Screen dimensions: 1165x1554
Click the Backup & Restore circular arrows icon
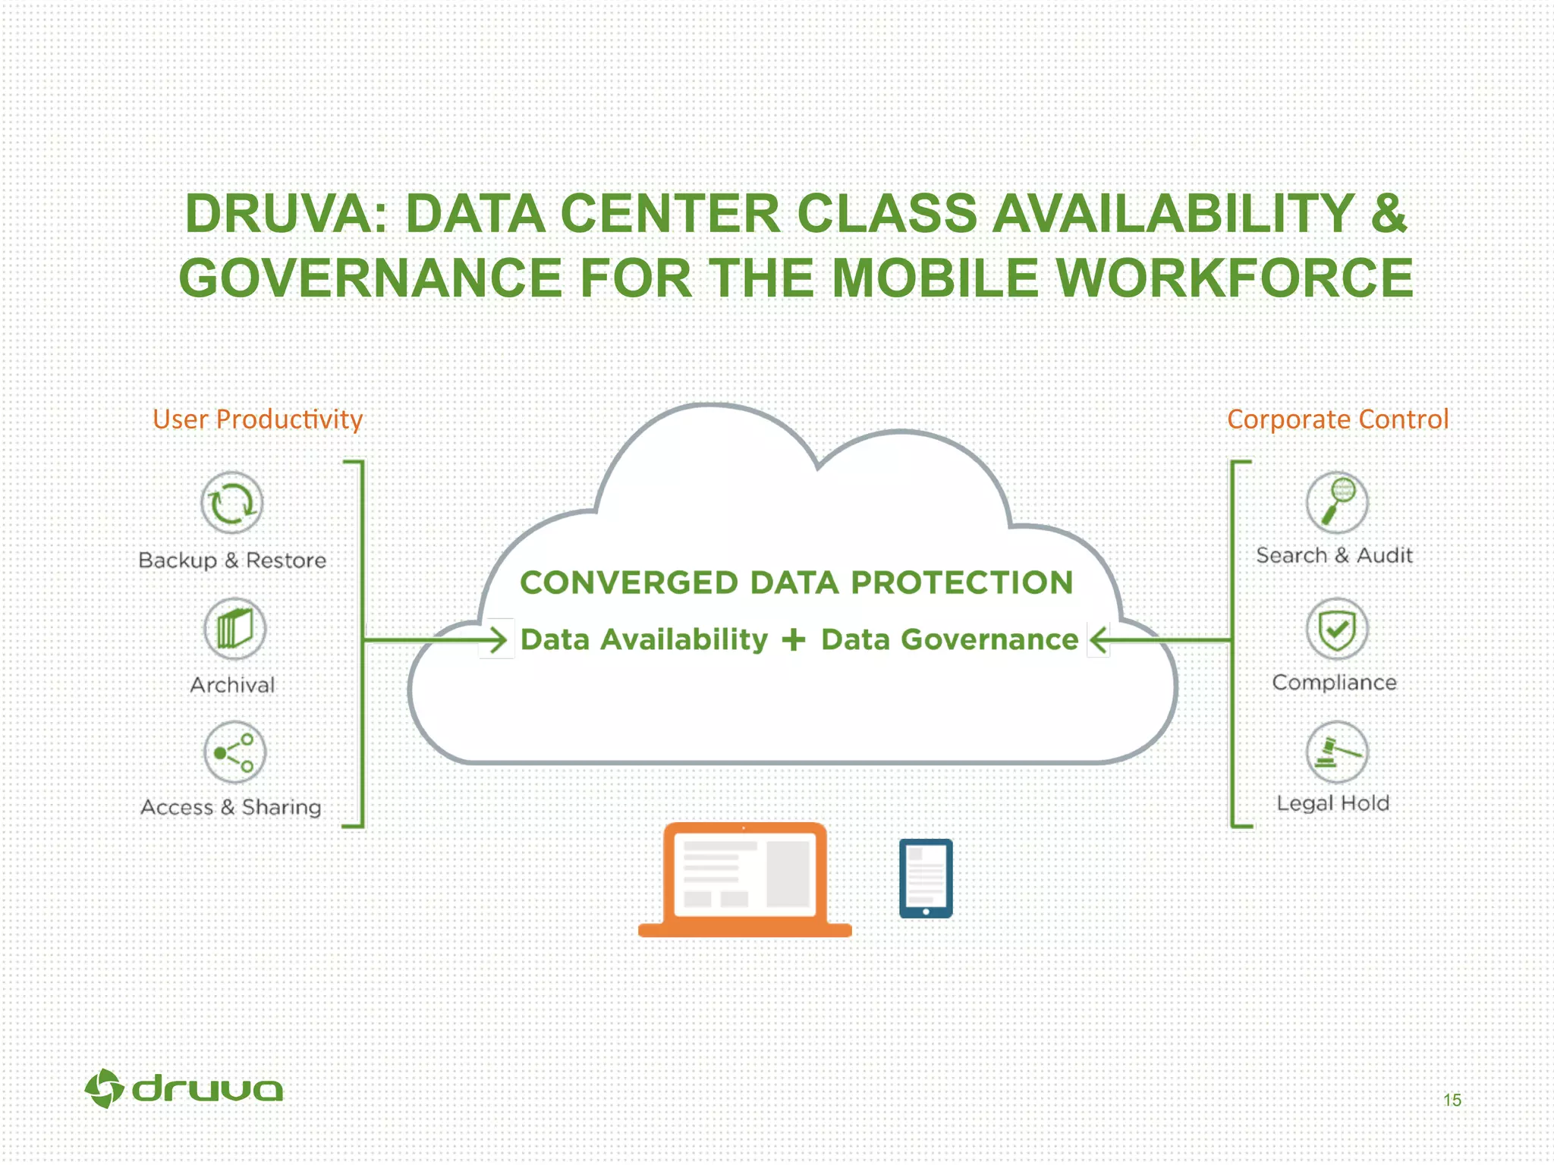pyautogui.click(x=232, y=503)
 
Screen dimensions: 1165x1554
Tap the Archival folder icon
pyautogui.click(x=234, y=629)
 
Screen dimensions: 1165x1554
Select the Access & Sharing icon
pyautogui.click(x=234, y=752)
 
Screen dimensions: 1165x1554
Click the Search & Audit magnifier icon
pyautogui.click(x=1337, y=502)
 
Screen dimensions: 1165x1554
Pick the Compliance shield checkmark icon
pyautogui.click(x=1337, y=629)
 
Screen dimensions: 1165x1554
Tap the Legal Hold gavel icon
pyautogui.click(x=1337, y=752)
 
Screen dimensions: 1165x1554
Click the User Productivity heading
pyautogui.click(x=258, y=419)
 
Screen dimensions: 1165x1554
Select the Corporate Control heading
pyautogui.click(x=1338, y=419)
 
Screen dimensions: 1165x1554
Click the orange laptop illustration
pyautogui.click(x=744, y=880)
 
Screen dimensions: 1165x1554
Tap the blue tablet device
pyautogui.click(x=926, y=878)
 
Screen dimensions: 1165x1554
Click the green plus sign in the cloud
pyautogui.click(x=794, y=639)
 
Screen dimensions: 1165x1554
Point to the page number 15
pyautogui.click(x=1452, y=1100)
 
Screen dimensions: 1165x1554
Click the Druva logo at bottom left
pyautogui.click(x=184, y=1089)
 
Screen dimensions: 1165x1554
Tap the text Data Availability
pyautogui.click(x=644, y=639)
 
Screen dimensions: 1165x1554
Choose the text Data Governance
pyautogui.click(x=949, y=639)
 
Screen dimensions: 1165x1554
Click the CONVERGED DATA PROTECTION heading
pyautogui.click(x=797, y=582)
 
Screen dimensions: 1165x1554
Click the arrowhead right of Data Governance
pyautogui.click(x=1098, y=639)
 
